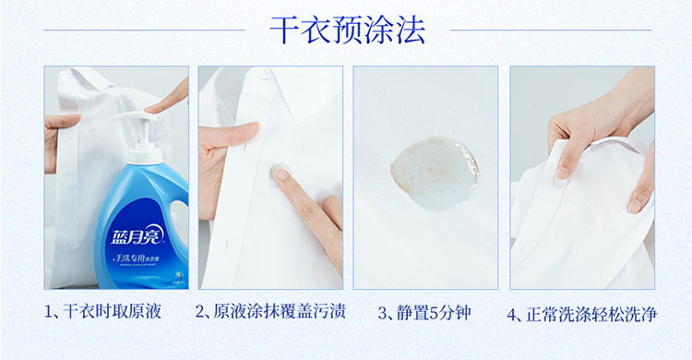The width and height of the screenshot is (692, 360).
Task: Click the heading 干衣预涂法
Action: point(347,30)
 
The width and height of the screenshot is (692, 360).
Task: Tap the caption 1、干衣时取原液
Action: point(102,311)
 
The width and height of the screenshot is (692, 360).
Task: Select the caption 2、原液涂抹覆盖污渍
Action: point(270,311)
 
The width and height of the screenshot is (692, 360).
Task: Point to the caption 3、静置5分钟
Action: point(424,313)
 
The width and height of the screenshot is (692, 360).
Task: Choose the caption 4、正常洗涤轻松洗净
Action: point(581,315)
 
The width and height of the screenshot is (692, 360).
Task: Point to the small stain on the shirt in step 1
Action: point(92,130)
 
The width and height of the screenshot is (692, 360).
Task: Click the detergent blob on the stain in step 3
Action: point(435,173)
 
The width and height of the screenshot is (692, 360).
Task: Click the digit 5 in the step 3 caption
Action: point(434,314)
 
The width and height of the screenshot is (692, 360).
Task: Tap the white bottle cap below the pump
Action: point(144,157)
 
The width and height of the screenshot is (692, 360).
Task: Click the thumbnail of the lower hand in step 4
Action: point(635,206)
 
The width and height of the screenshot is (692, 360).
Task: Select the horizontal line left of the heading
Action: point(144,30)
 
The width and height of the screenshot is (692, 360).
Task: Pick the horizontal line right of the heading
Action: point(551,30)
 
